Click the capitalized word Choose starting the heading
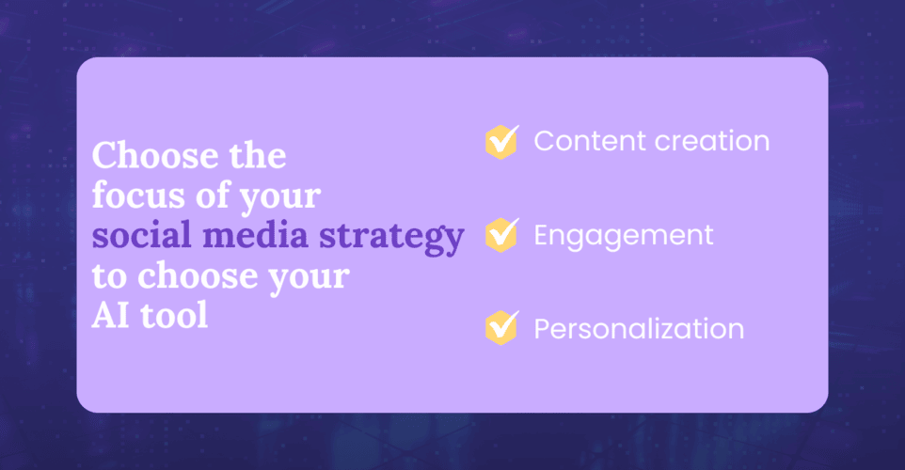pos(155,155)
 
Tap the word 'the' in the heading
pos(258,155)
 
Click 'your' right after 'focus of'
pos(280,198)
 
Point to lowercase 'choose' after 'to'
pos(198,275)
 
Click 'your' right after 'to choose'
pos(310,279)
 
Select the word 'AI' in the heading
pos(110,316)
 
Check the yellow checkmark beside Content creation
pos(502,142)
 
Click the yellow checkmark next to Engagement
pos(502,235)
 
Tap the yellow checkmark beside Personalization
pos(502,328)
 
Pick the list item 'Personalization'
pos(639,329)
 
